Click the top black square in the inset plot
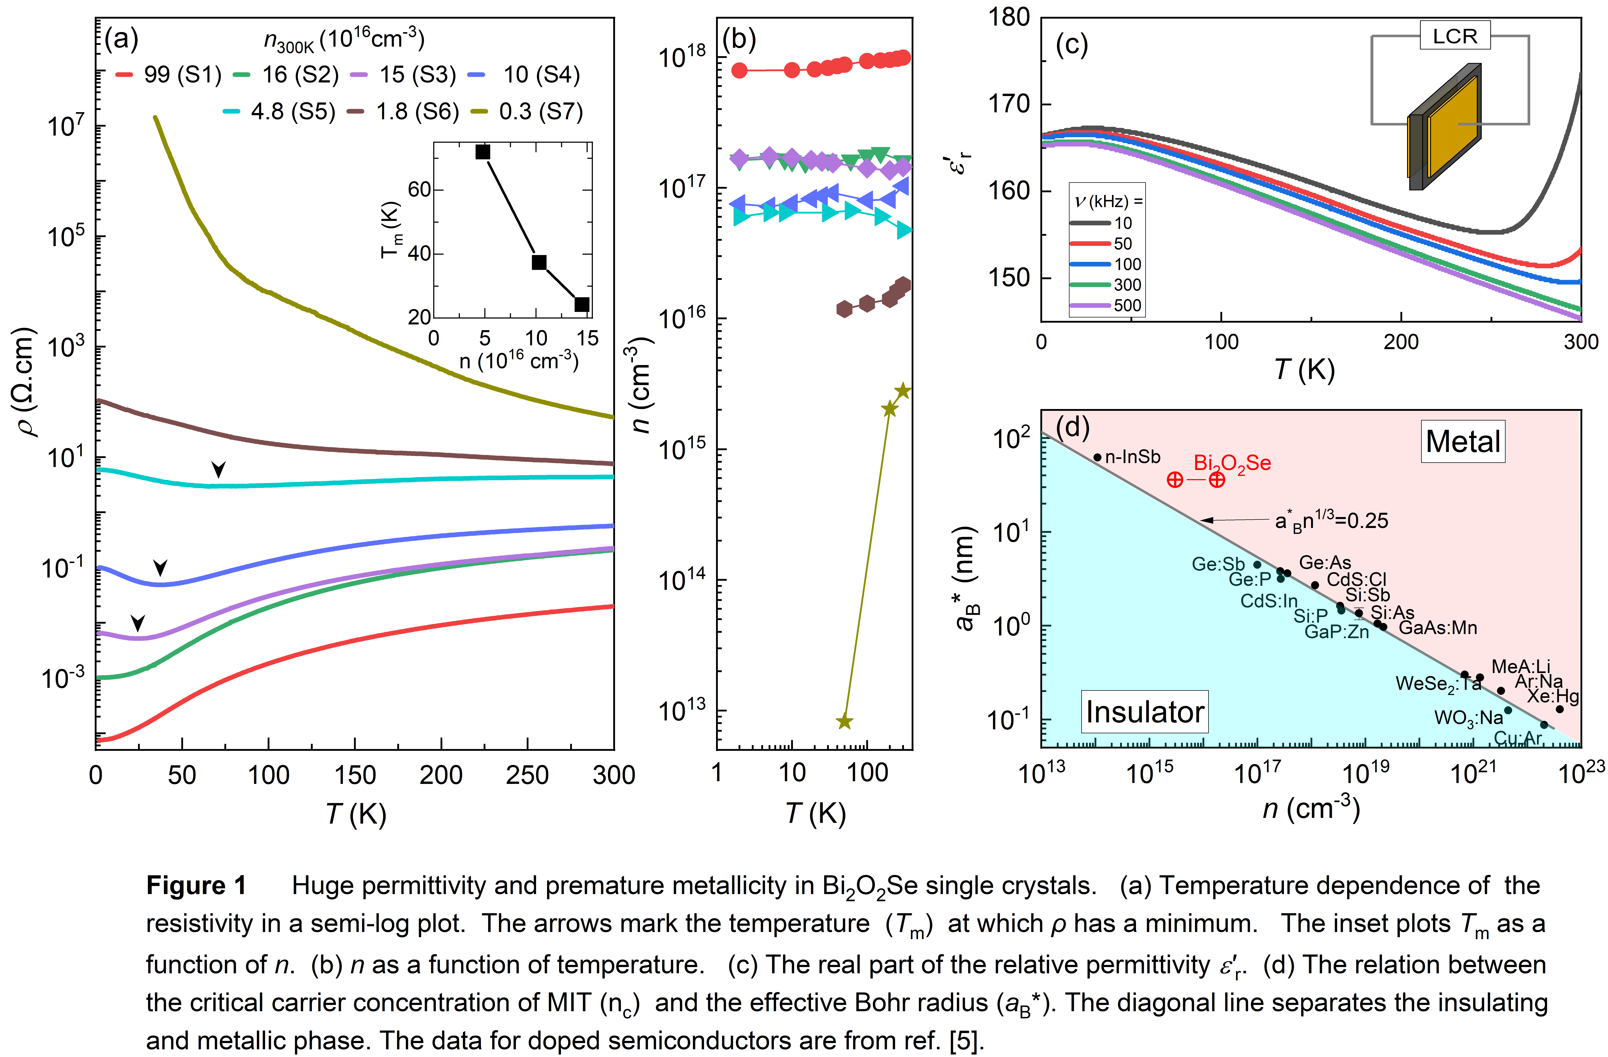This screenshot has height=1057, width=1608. pos(482,152)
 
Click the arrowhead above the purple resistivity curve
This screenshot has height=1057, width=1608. pos(138,622)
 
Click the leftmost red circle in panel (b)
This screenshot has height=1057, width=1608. pos(740,70)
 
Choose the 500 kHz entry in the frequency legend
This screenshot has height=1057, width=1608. pos(1127,305)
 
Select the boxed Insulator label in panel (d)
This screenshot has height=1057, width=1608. pos(1145,712)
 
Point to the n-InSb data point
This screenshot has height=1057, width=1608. pos(1097,457)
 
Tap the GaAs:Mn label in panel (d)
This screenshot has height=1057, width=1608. pos(1437,628)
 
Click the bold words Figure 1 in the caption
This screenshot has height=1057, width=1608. pos(196,885)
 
